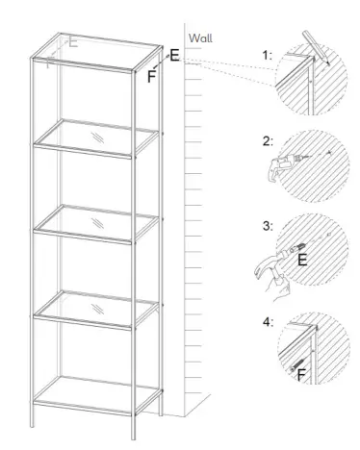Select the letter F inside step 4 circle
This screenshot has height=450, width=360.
point(302,373)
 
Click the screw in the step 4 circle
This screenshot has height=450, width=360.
point(291,362)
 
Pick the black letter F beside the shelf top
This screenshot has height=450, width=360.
point(152,76)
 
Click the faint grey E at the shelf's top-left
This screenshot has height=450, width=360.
point(74,42)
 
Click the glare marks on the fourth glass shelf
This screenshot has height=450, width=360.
point(96,309)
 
